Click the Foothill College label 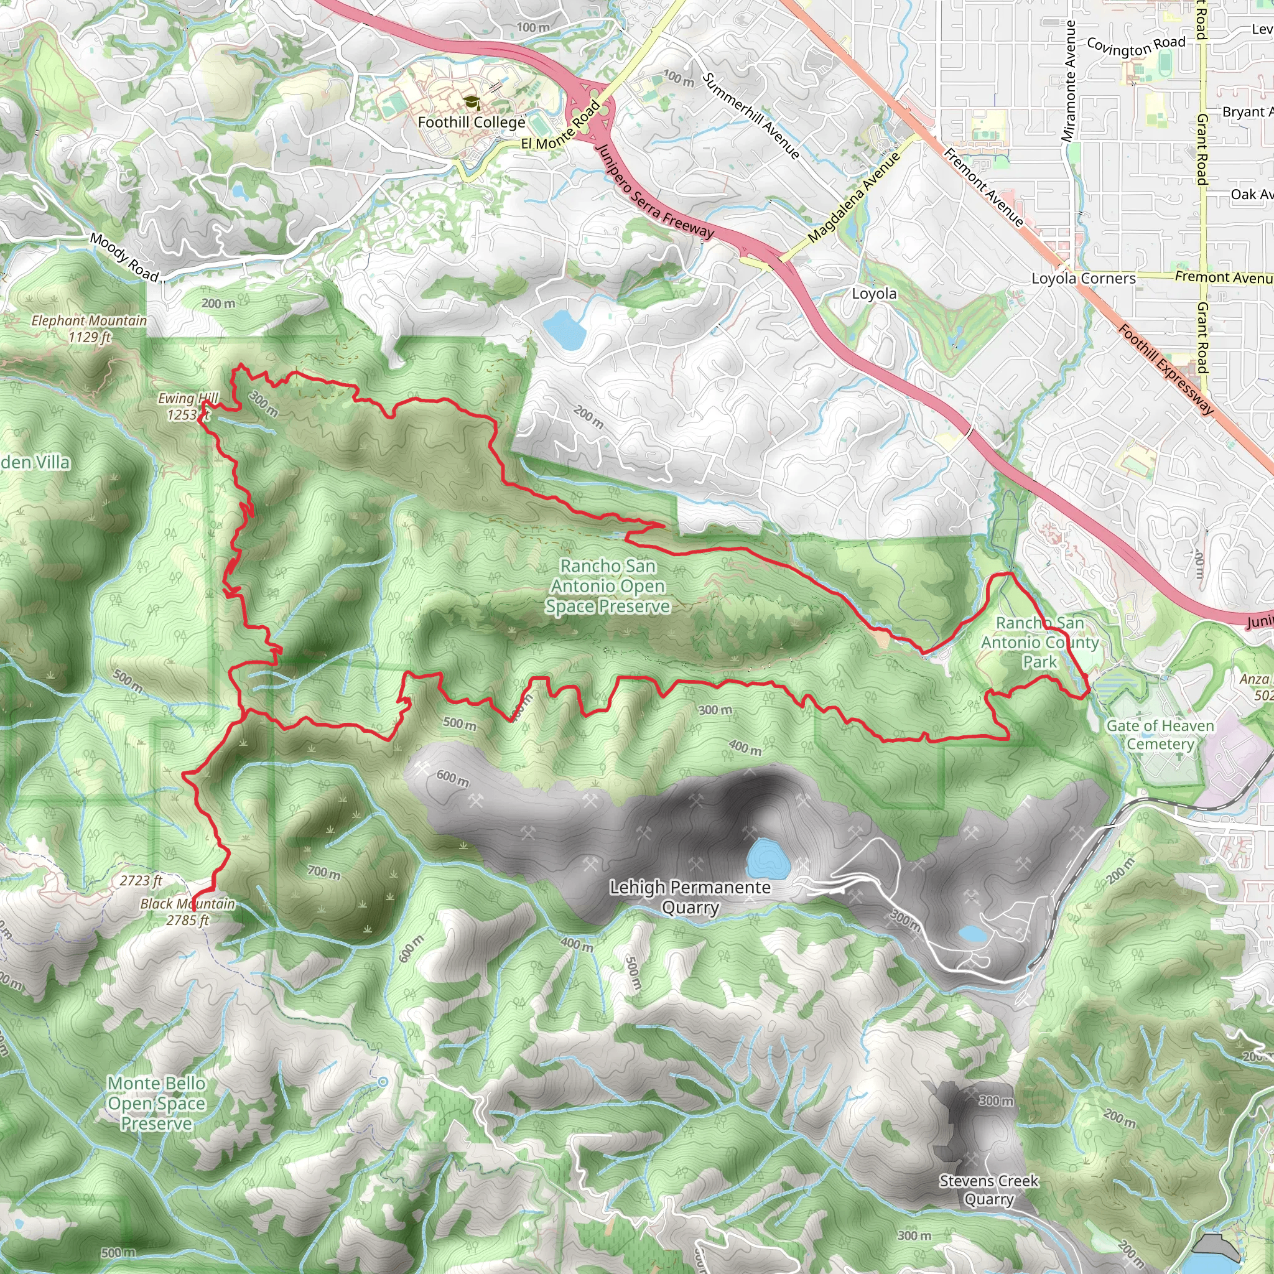[x=472, y=123]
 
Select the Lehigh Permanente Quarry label [x=690, y=898]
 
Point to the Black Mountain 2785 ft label [x=187, y=912]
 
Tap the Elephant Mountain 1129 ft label [x=90, y=328]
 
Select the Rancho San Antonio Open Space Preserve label [x=607, y=586]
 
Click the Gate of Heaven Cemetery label [x=1160, y=735]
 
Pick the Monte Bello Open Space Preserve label [x=157, y=1103]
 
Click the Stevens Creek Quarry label [x=988, y=1189]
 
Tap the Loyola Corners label [x=1084, y=278]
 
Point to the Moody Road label [x=124, y=257]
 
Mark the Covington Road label [x=1135, y=47]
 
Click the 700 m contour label [x=323, y=872]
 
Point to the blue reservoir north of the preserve [x=564, y=329]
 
